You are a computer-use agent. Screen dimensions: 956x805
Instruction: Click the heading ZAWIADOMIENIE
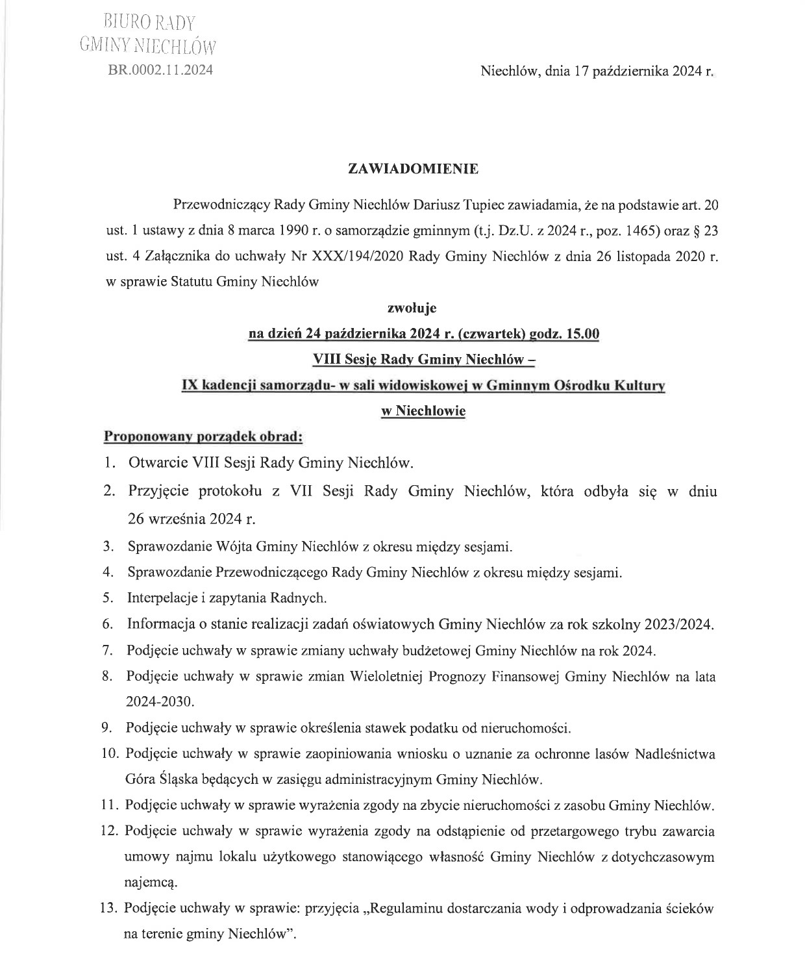tap(414, 170)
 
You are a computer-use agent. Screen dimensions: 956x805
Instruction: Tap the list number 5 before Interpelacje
tap(108, 597)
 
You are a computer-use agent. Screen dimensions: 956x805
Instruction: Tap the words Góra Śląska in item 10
tap(161, 779)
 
